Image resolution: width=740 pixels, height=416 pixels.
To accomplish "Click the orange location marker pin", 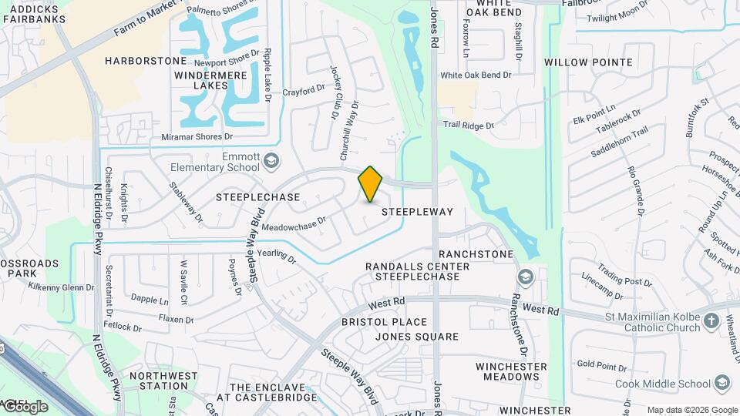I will point(370,184).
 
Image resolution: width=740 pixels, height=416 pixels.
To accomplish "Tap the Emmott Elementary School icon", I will point(271,161).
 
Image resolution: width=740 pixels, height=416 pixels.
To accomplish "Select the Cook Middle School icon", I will point(722,383).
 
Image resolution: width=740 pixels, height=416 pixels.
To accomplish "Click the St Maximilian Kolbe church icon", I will point(711,320).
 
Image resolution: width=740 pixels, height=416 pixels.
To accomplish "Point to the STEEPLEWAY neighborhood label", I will point(417,211).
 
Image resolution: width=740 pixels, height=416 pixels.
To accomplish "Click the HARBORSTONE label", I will point(146,61).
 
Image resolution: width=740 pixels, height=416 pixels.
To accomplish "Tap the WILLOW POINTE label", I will point(588,62).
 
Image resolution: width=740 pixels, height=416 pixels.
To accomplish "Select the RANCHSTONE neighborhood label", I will point(476,254).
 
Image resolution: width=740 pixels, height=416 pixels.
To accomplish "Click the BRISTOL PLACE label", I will point(384,322).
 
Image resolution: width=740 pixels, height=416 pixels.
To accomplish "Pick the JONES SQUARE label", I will point(416,337).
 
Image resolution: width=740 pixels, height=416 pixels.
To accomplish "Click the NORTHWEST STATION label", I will point(158,381).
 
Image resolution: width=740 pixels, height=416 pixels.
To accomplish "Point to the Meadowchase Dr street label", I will point(294,224).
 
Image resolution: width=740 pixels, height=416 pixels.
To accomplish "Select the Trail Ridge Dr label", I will point(468,125).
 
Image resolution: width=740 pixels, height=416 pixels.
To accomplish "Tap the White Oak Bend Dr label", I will point(476,75).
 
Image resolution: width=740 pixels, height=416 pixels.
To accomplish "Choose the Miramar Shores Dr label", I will point(197,137).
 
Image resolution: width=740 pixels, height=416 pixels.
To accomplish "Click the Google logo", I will point(25,406).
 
